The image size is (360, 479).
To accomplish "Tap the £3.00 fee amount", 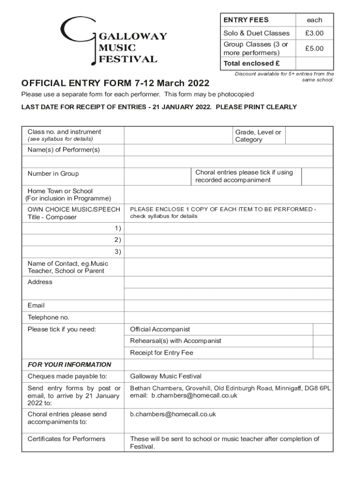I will pyautogui.click(x=314, y=33).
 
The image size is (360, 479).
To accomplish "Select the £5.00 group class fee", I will pyautogui.click(x=314, y=48).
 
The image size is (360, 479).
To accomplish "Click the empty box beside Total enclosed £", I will pyautogui.click(x=314, y=63).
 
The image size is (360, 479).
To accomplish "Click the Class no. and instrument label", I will pyautogui.click(x=64, y=132).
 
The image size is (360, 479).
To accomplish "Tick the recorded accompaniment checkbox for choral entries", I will pyautogui.click(x=317, y=176).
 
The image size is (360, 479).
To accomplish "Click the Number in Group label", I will pyautogui.click(x=53, y=174).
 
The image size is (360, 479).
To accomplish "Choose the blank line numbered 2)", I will pyautogui.click(x=228, y=240).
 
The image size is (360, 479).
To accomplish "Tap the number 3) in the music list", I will pyautogui.click(x=117, y=252).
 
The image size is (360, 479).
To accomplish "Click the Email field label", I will pyautogui.click(x=36, y=305).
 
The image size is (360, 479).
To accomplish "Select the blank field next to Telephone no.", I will pyautogui.click(x=228, y=318).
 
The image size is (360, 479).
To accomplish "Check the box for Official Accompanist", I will pyautogui.click(x=323, y=329).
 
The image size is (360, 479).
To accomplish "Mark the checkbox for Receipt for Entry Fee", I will pyautogui.click(x=323, y=353).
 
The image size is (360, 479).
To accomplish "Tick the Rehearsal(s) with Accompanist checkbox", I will pyautogui.click(x=323, y=341).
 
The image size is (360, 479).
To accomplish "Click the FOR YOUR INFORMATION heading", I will pyautogui.click(x=69, y=364).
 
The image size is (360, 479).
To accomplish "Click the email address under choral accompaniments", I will pyautogui.click(x=173, y=414).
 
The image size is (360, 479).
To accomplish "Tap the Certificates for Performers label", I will pyautogui.click(x=66, y=439).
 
